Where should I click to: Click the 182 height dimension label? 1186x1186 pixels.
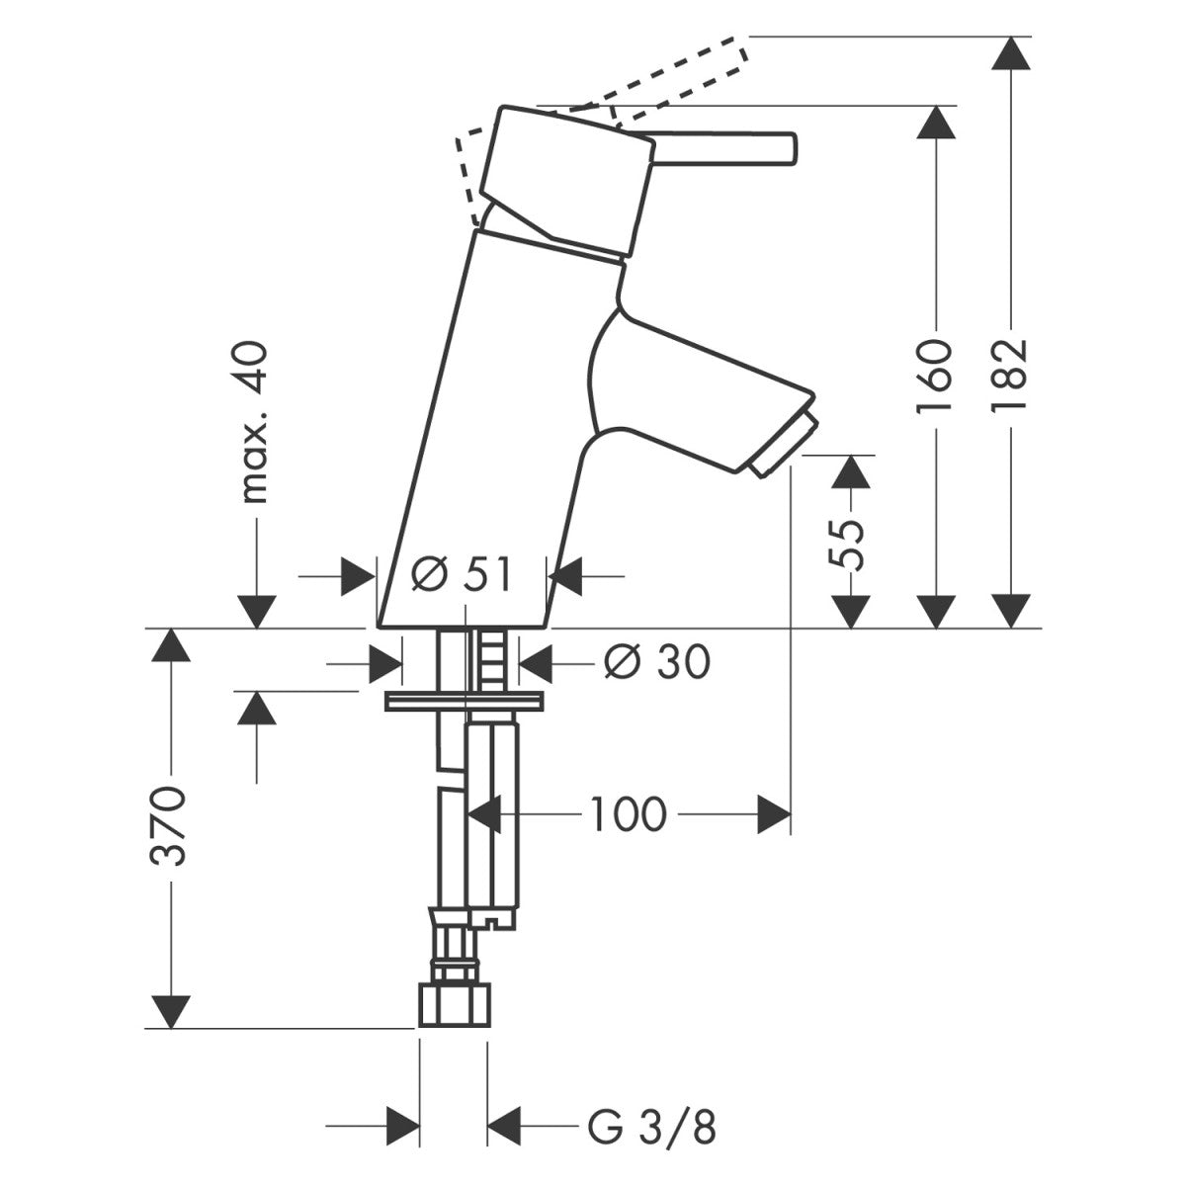pyautogui.click(x=1011, y=365)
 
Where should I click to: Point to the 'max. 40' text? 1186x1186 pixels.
pyautogui.click(x=255, y=423)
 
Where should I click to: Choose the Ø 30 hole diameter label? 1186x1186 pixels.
pyautogui.click(x=656, y=662)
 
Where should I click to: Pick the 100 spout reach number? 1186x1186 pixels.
pyautogui.click(x=629, y=814)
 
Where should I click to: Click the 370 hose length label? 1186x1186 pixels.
pyautogui.click(x=169, y=826)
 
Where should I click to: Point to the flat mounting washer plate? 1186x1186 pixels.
pyautogui.click(x=465, y=702)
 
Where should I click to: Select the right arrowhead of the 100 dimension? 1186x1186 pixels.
pyautogui.click(x=775, y=814)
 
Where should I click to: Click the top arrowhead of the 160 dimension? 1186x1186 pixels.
pyautogui.click(x=935, y=123)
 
